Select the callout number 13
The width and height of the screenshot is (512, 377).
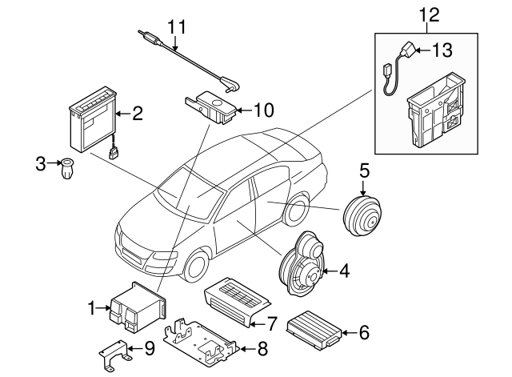click(442, 50)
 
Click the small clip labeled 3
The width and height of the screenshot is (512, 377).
click(67, 170)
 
